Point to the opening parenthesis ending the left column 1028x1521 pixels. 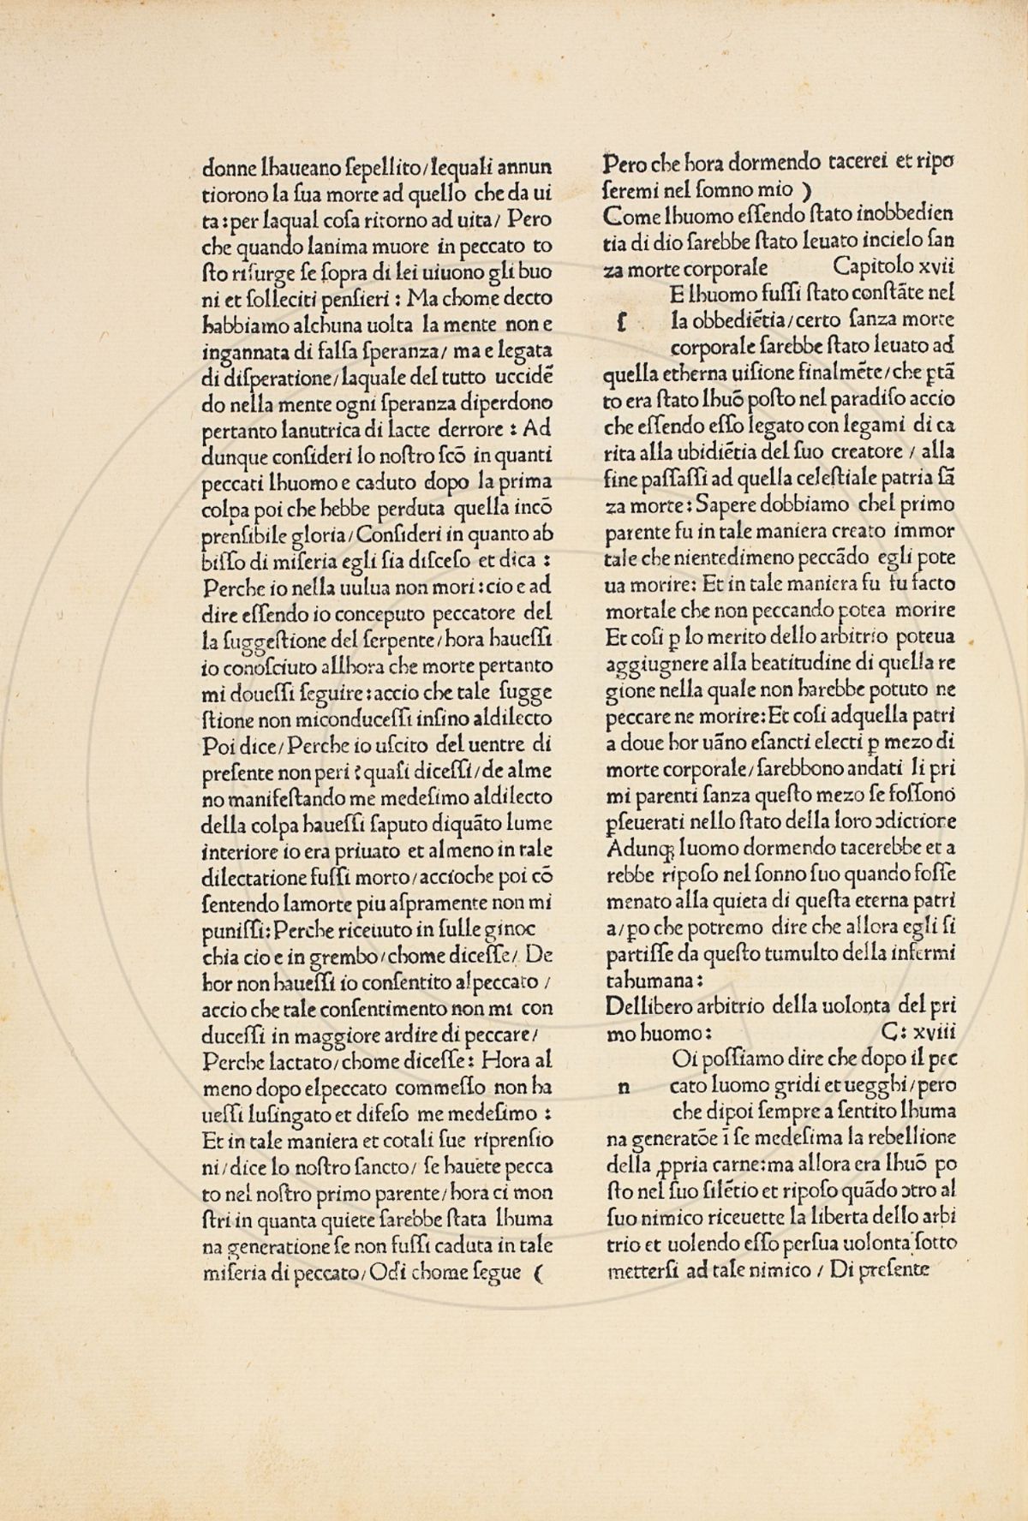pyautogui.click(x=538, y=1273)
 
